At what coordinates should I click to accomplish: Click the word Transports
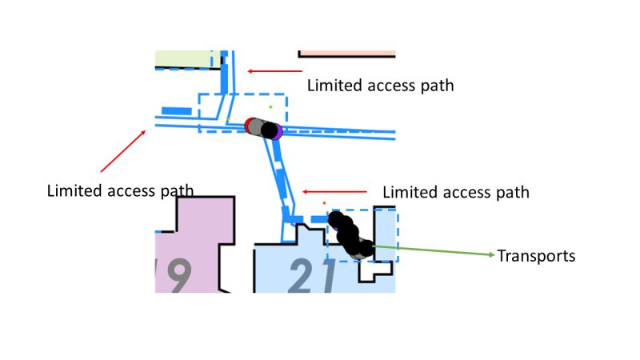pos(536,256)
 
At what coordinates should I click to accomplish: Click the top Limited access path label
pos(380,85)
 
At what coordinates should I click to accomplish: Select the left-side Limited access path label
pos(120,190)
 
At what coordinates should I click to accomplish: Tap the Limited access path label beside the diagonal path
pos(456,192)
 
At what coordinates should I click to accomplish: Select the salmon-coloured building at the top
pos(347,54)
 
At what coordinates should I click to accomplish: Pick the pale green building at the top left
pos(182,58)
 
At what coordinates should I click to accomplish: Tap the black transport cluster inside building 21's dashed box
pos(350,236)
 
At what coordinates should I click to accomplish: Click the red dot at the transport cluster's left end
pos(250,125)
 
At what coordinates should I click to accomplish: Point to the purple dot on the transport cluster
pos(278,133)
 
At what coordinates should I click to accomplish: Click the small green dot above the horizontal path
pos(270,106)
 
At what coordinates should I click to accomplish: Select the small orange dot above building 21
pos(324,203)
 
